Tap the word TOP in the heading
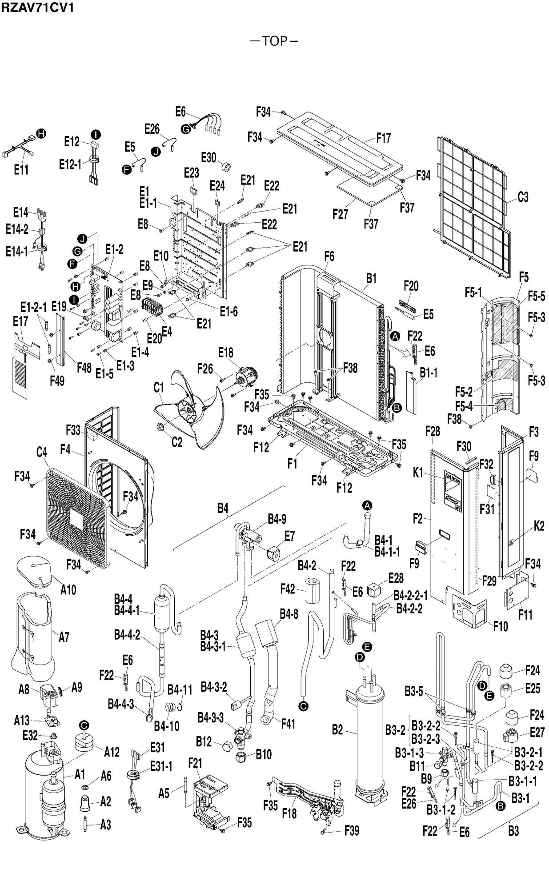click(274, 41)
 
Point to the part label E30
click(208, 157)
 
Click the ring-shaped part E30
click(228, 168)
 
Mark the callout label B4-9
click(277, 519)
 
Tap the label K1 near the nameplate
click(418, 473)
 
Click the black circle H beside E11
click(41, 133)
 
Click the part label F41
click(288, 724)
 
